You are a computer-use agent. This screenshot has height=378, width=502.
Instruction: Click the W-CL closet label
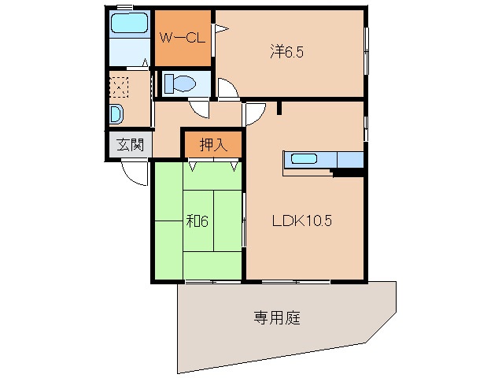pos(183,36)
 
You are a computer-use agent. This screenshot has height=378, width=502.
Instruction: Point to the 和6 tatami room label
pos(197,220)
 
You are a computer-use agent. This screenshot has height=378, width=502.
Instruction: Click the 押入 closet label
pos(212,144)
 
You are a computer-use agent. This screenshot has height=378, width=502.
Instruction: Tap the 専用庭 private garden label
pos(276,318)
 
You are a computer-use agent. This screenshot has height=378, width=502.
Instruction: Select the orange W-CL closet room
pos(183,38)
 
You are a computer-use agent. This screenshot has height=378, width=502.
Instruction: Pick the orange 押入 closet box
pos(212,144)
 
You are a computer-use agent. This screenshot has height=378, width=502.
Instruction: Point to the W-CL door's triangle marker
pos(221,30)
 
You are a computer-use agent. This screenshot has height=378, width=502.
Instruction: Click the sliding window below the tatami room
pos(212,280)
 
